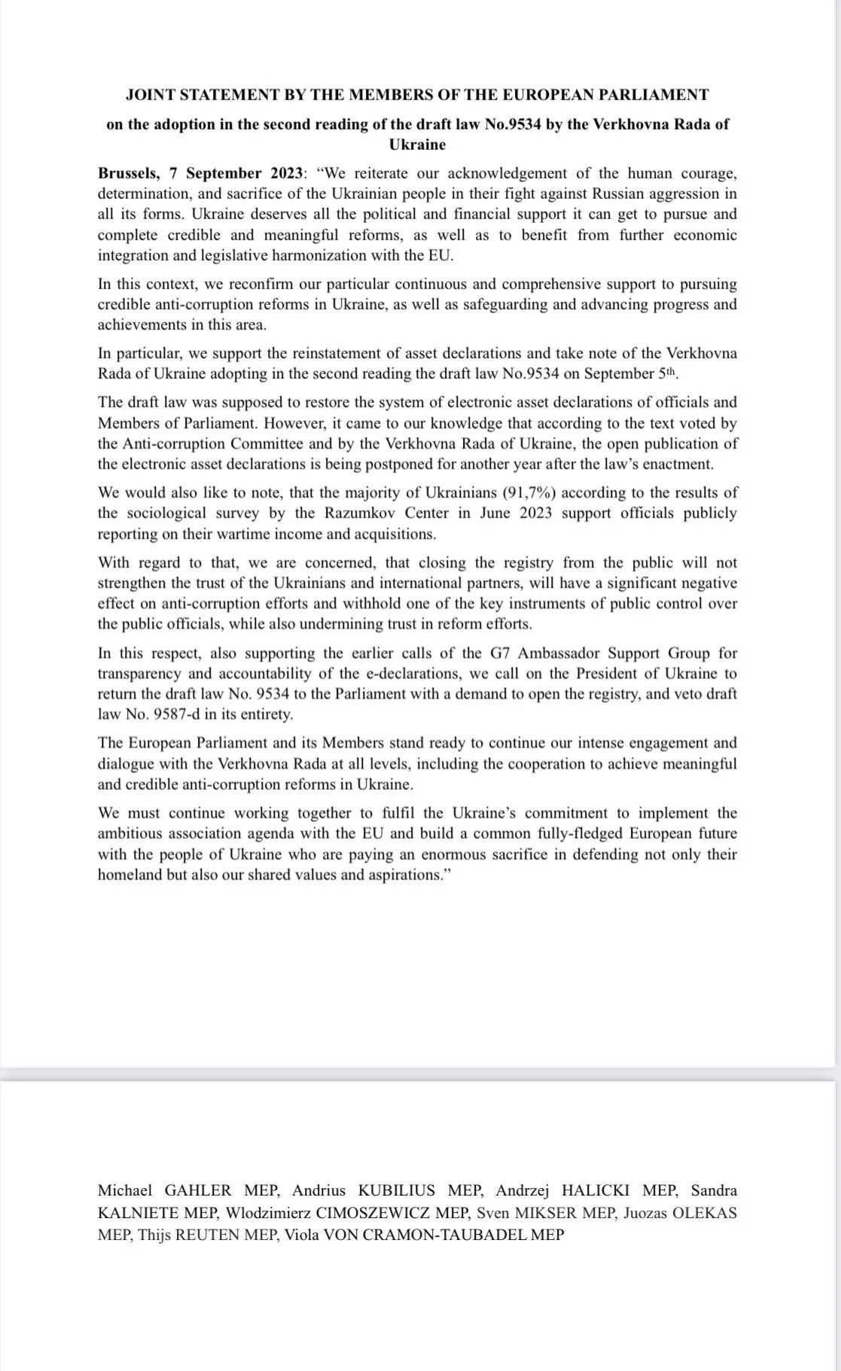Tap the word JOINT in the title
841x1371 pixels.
[149, 95]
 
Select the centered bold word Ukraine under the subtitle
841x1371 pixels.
[417, 145]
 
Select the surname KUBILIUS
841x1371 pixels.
[396, 1190]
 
